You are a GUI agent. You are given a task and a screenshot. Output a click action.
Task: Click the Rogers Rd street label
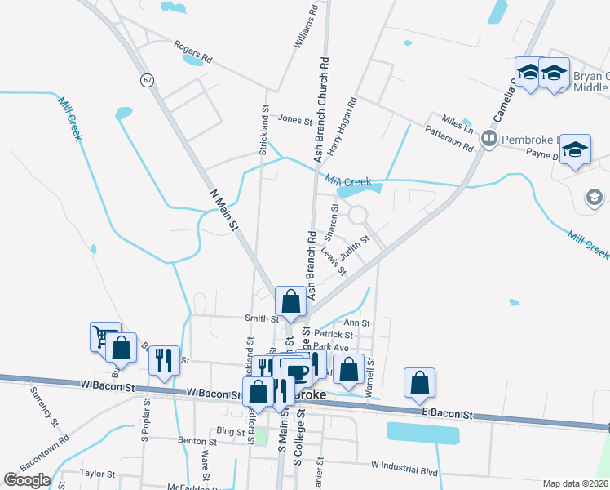(193, 51)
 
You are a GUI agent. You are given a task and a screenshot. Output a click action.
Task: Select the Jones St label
(295, 120)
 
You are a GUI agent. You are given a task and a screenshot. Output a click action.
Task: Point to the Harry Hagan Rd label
(343, 126)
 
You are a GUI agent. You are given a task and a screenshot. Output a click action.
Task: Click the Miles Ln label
(457, 122)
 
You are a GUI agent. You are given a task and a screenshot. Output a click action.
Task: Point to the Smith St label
(262, 318)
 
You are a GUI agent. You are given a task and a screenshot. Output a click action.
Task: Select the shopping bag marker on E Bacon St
(419, 381)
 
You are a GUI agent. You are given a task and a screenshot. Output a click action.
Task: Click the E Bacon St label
(445, 415)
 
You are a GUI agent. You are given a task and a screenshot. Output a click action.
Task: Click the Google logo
(27, 480)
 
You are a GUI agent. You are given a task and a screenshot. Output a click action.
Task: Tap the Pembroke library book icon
(489, 138)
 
